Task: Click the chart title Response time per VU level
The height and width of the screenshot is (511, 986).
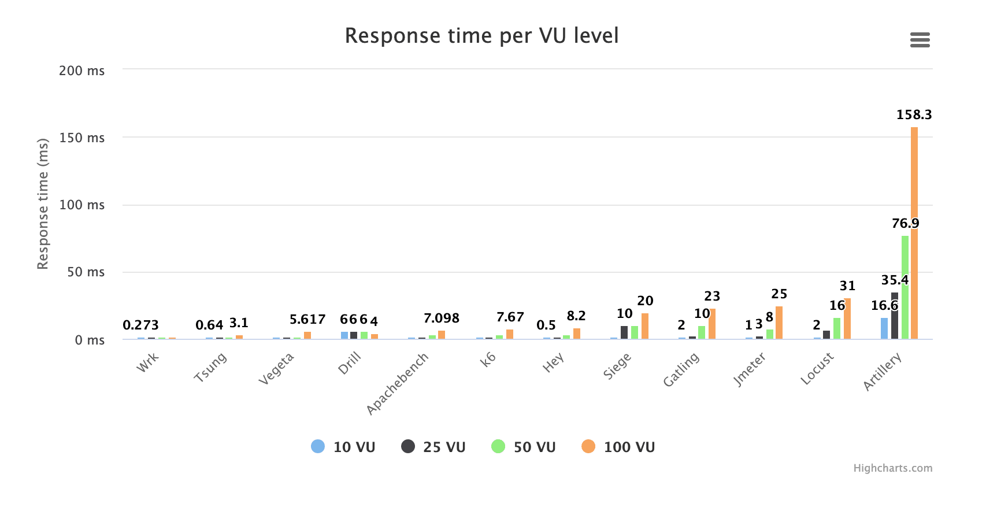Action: click(x=481, y=36)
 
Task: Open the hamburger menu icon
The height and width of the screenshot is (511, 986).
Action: click(x=920, y=40)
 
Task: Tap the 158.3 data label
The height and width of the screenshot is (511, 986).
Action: click(x=914, y=115)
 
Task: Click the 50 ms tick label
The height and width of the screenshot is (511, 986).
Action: click(x=86, y=272)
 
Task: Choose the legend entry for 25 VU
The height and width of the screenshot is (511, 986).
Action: click(x=433, y=447)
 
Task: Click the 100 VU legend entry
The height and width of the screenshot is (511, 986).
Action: click(x=618, y=447)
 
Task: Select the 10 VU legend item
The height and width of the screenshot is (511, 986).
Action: click(x=343, y=447)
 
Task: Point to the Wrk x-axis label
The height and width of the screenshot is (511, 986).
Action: click(x=147, y=363)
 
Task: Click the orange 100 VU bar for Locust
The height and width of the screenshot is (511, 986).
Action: click(x=847, y=319)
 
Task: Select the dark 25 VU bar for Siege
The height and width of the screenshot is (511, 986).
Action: click(x=624, y=332)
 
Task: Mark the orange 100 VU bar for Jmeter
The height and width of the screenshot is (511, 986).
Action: click(x=779, y=323)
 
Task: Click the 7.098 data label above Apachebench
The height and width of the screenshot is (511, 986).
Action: click(x=441, y=319)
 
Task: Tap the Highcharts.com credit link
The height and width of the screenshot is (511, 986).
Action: click(x=892, y=468)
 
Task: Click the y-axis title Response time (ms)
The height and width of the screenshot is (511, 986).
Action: click(x=43, y=204)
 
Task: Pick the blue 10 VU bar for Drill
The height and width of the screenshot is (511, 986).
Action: click(x=344, y=335)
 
